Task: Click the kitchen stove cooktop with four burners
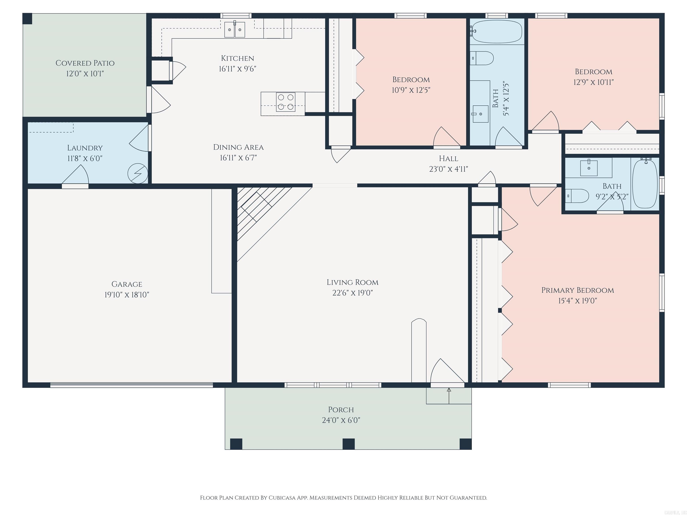(285, 102)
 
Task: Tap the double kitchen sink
(235, 30)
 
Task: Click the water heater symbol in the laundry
(138, 173)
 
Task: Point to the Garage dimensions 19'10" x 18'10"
(127, 295)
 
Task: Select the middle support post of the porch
(348, 444)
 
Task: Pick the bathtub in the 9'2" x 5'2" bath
(645, 184)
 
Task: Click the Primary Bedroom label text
(577, 290)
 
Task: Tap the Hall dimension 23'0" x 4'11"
(448, 169)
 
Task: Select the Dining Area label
(238, 147)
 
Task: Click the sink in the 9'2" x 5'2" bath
(589, 168)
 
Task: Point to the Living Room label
(352, 282)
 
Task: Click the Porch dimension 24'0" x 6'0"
(341, 420)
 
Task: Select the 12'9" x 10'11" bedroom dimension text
(593, 82)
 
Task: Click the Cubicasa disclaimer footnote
(343, 498)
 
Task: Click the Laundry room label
(85, 148)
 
